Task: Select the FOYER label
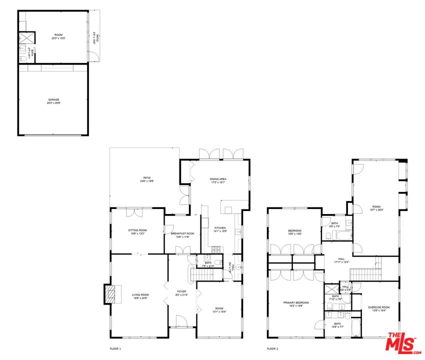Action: click(181, 292)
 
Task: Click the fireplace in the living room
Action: click(112, 294)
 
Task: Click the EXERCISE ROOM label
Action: click(378, 308)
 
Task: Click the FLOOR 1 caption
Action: click(115, 348)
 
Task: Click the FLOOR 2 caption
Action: click(272, 348)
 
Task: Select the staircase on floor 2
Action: click(362, 274)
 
